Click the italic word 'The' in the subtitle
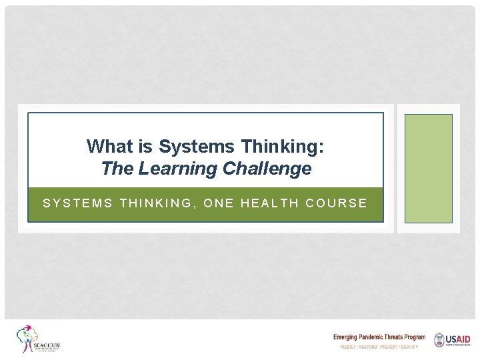pyautogui.click(x=118, y=169)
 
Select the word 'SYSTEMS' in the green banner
pyautogui.click(x=78, y=203)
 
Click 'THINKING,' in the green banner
pyautogui.click(x=158, y=203)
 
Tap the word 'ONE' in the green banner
pyautogui.click(x=219, y=203)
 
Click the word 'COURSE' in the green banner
pyautogui.click(x=337, y=203)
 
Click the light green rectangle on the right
pyautogui.click(x=428, y=168)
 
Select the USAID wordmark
pyautogui.click(x=459, y=339)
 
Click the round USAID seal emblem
pyautogui.click(x=439, y=340)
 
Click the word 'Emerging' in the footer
pyautogui.click(x=345, y=337)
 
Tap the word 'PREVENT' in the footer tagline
pyautogui.click(x=387, y=347)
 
